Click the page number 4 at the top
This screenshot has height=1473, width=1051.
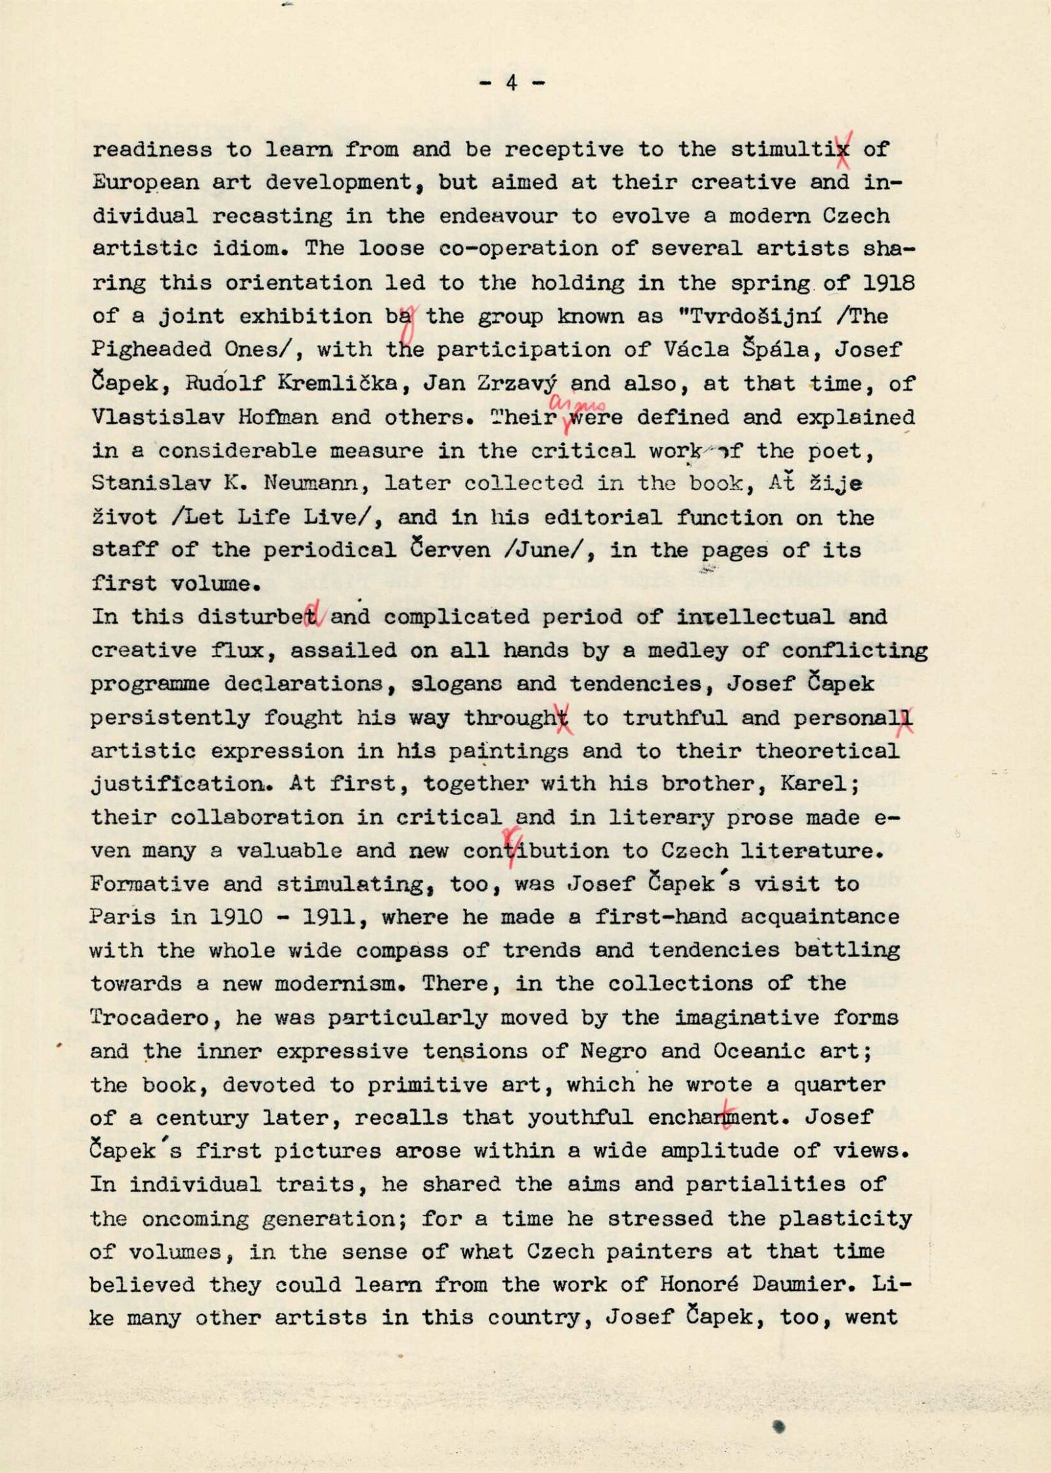[x=512, y=83]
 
